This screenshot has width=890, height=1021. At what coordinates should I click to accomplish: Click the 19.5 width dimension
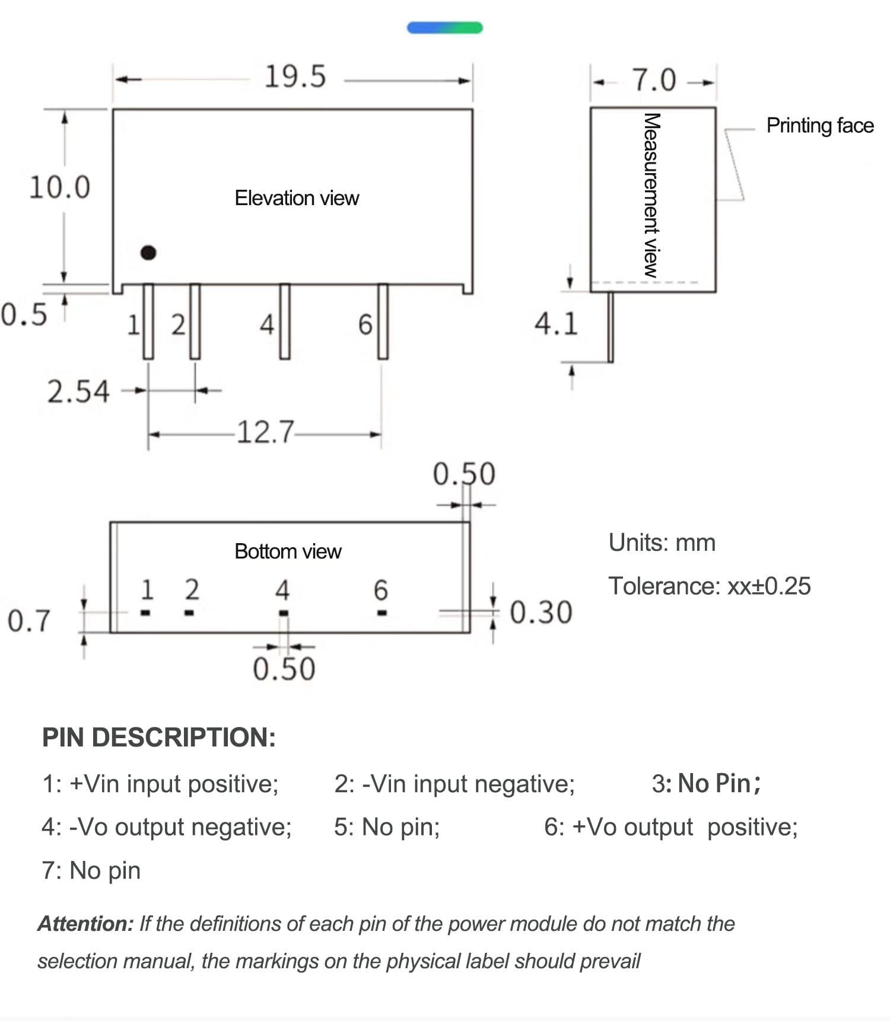pyautogui.click(x=295, y=77)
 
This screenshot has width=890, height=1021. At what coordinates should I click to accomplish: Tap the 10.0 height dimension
pyautogui.click(x=59, y=187)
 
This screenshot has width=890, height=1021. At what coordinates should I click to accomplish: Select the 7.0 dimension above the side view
pyautogui.click(x=653, y=80)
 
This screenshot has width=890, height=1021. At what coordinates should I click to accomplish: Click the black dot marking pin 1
pyautogui.click(x=148, y=253)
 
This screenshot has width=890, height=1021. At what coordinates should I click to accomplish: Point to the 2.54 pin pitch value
pyautogui.click(x=78, y=392)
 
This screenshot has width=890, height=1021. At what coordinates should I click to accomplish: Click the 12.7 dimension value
pyautogui.click(x=265, y=432)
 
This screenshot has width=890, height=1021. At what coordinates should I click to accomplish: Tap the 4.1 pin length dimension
pyautogui.click(x=555, y=324)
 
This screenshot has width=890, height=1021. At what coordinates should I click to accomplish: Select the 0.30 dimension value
pyautogui.click(x=541, y=612)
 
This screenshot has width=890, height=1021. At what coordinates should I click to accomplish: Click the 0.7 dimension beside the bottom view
pyautogui.click(x=28, y=621)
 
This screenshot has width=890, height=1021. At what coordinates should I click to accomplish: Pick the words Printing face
pyautogui.click(x=820, y=126)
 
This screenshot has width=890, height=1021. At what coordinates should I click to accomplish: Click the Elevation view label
pyautogui.click(x=297, y=198)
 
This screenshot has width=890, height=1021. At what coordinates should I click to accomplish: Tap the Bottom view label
pyautogui.click(x=288, y=551)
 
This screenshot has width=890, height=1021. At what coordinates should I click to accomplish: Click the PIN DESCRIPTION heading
pyautogui.click(x=158, y=738)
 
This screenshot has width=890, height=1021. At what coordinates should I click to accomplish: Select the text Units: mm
pyautogui.click(x=662, y=543)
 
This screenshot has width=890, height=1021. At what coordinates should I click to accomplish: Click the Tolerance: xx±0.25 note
pyautogui.click(x=709, y=586)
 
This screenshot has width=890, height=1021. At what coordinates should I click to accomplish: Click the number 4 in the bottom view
pyautogui.click(x=282, y=590)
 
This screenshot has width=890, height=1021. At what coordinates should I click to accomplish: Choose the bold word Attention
pyautogui.click(x=85, y=924)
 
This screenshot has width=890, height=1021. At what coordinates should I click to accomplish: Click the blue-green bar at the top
pyautogui.click(x=444, y=28)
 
